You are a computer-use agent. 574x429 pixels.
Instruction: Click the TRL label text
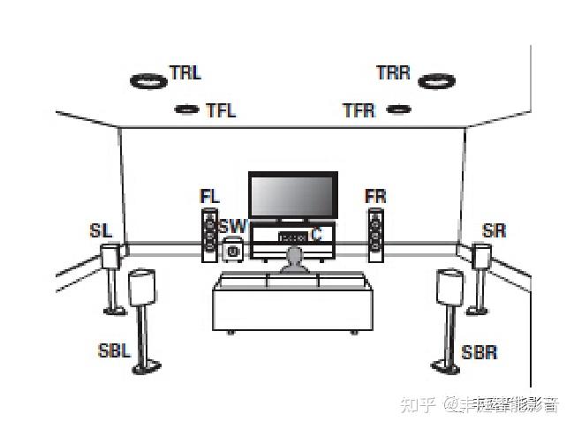click(185, 73)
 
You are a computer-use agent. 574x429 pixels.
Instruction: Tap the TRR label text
click(394, 73)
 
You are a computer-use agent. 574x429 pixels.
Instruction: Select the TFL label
click(221, 111)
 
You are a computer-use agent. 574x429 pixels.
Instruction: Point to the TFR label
click(359, 111)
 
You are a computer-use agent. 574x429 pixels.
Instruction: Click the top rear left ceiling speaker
click(149, 81)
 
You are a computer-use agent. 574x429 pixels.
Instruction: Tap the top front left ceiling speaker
click(187, 109)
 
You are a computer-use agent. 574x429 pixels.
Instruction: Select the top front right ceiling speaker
click(398, 109)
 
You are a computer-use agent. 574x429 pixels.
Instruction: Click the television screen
click(292, 195)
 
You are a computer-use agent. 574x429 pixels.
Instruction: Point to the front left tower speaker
click(209, 235)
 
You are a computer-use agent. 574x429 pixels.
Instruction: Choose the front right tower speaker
click(376, 235)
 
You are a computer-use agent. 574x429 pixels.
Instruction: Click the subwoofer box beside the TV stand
click(233, 250)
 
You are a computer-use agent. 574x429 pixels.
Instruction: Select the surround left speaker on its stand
click(111, 258)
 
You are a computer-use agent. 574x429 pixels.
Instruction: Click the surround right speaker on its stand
click(481, 258)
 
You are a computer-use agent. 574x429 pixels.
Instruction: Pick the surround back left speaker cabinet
click(143, 289)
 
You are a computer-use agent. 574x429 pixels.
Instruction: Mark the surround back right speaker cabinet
click(449, 289)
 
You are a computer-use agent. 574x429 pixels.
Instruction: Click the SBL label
click(114, 350)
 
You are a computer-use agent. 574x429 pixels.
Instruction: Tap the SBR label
click(480, 353)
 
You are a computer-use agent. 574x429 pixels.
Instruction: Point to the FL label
click(209, 196)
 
